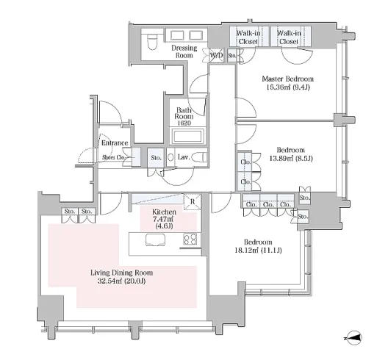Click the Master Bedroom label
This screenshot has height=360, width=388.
288,79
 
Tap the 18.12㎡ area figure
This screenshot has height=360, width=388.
246,251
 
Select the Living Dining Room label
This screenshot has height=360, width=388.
121,273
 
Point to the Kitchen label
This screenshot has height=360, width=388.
164,212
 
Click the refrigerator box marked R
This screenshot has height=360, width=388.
193,201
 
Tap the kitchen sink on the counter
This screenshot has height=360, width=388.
155,240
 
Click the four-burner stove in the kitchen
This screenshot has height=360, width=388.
190,239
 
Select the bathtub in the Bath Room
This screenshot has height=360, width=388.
188,137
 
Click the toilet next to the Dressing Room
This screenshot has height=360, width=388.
152,42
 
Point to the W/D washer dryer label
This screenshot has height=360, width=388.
217,55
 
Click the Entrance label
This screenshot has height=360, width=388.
115,143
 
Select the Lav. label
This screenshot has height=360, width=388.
184,157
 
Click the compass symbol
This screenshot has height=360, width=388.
354,338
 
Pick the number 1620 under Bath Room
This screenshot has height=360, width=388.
184,123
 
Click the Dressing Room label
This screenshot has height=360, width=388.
184,51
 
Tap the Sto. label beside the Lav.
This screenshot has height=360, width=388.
156,158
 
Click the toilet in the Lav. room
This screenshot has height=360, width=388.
200,157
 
